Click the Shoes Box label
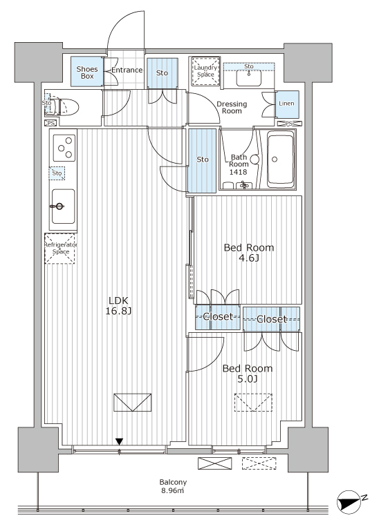[87, 73]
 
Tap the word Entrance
[127, 70]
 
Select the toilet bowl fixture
[66, 108]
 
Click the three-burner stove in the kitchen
[64, 148]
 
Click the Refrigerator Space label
[61, 248]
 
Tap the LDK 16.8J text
[118, 306]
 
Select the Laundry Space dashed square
[205, 71]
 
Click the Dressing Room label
[232, 107]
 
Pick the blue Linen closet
[287, 104]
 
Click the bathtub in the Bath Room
[281, 159]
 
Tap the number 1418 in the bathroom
[239, 172]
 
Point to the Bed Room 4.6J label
[249, 253]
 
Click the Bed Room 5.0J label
[248, 374]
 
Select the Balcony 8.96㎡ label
[173, 486]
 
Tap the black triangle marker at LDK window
[119, 441]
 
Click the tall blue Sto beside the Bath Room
[202, 161]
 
